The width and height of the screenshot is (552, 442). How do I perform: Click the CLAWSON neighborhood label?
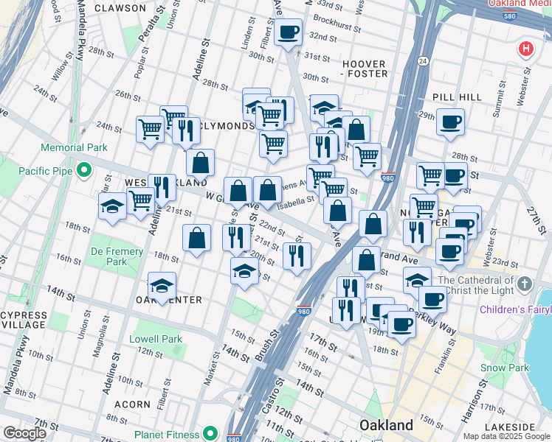[120, 8]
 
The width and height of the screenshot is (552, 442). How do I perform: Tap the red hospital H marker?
[525, 49]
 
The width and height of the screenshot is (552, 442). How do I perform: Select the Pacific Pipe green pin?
[84, 171]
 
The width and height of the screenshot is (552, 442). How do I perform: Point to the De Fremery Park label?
[117, 256]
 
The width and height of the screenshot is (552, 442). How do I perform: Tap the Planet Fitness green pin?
[210, 434]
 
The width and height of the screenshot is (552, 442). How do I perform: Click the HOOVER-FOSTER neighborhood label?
[366, 69]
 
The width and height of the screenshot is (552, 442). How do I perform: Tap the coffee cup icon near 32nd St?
[289, 32]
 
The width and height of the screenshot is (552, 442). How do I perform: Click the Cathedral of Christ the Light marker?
[524, 284]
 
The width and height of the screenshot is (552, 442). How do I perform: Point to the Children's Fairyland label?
[515, 309]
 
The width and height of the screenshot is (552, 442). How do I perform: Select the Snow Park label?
[504, 368]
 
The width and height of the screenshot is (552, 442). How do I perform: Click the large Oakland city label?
[386, 425]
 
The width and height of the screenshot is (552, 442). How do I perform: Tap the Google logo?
[24, 433]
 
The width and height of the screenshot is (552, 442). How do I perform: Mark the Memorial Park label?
[74, 148]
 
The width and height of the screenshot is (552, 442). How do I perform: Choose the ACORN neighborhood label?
[133, 404]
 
